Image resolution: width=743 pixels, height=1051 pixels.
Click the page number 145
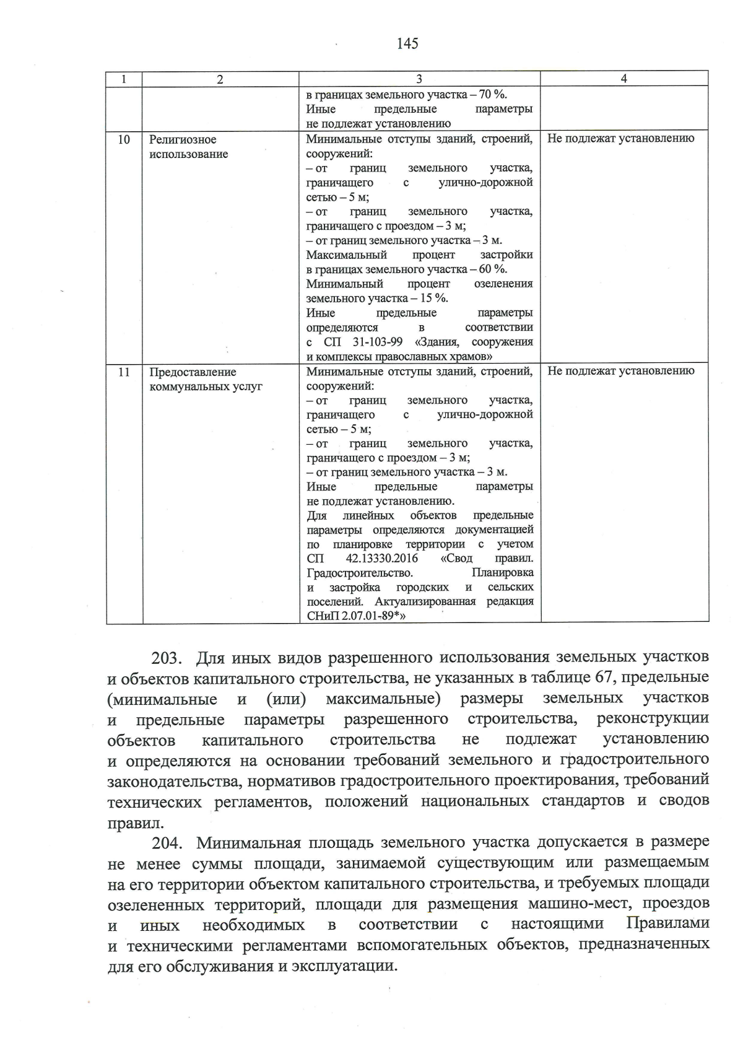pos(407,43)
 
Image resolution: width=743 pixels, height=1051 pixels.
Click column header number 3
pos(419,79)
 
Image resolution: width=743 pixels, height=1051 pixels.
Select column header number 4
pos(624,78)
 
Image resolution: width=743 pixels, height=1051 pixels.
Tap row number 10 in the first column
pos(124,139)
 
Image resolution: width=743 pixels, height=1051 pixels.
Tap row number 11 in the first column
pos(124,372)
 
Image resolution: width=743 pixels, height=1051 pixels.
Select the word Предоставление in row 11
pos(193,372)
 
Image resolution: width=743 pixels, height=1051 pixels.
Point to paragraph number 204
pos(165,843)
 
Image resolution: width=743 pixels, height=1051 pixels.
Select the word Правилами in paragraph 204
pos(667,924)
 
